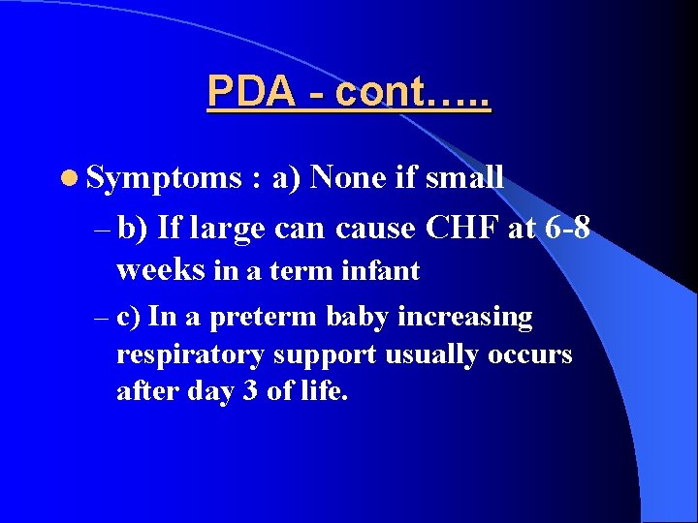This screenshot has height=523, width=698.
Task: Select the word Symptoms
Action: coord(163,178)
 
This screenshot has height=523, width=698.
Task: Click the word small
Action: coord(464,177)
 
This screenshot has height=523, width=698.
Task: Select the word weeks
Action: coord(161,270)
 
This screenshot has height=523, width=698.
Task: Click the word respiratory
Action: coord(189,355)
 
